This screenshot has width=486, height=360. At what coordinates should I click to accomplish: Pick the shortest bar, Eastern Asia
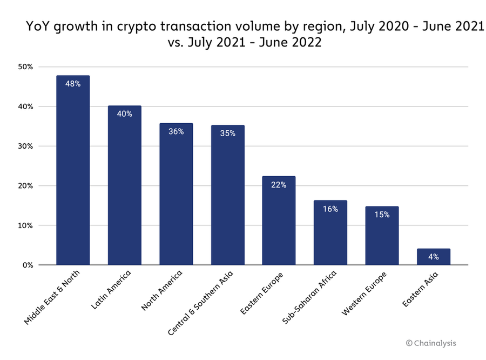tap(433, 258)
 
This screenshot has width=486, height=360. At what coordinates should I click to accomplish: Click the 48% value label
tap(73, 84)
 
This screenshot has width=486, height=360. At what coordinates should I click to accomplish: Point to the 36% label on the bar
tap(176, 131)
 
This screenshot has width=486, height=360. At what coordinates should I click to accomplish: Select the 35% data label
tap(227, 134)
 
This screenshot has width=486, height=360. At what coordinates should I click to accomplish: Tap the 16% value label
tap(330, 209)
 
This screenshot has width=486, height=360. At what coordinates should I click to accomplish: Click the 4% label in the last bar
tap(433, 257)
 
